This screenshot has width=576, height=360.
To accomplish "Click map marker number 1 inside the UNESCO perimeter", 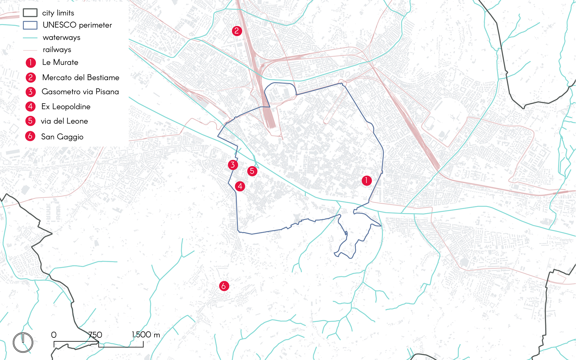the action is [367, 180].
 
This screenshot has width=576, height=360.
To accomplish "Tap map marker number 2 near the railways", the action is [237, 31].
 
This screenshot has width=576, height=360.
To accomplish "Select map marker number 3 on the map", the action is [233, 165].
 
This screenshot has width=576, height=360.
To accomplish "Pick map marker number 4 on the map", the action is [240, 186].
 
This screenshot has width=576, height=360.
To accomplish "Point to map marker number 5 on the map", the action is [252, 171].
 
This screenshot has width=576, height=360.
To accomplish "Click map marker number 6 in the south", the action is [224, 286].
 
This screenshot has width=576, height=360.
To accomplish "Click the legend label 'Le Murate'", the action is [60, 62].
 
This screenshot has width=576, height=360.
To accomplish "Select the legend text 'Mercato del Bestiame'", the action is [80, 77].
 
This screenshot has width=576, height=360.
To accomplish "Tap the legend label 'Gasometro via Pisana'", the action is [80, 92].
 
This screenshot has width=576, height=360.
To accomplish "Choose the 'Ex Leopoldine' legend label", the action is [66, 107].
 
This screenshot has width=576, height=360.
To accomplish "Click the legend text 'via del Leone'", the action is [64, 121].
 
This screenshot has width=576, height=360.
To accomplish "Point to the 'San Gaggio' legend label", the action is [62, 137].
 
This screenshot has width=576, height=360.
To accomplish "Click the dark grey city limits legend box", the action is [30, 13].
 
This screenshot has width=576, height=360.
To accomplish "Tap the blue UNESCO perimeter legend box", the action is [30, 25].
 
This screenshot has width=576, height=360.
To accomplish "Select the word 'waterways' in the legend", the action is [62, 37].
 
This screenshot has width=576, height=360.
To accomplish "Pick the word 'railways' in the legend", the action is [57, 50].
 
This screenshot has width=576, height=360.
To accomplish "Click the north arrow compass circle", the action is [23, 342].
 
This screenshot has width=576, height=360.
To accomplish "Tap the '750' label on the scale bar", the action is [95, 335].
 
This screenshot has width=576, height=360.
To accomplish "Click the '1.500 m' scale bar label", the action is [146, 335].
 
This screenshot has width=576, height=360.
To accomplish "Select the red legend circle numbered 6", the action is [30, 136].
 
